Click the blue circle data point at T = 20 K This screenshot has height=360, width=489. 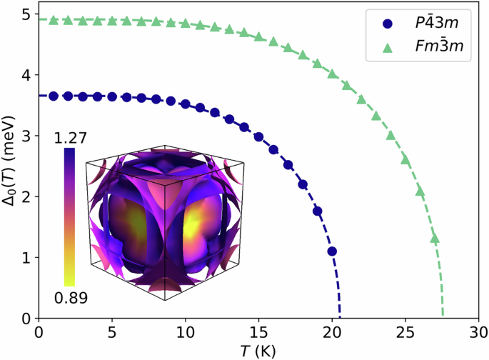click(332, 251)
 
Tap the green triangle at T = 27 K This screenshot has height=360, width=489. click(435, 239)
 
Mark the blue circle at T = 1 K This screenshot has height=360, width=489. click(54, 96)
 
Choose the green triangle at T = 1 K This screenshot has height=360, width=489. click(54, 20)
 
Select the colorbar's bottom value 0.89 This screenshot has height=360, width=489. click(69, 298)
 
